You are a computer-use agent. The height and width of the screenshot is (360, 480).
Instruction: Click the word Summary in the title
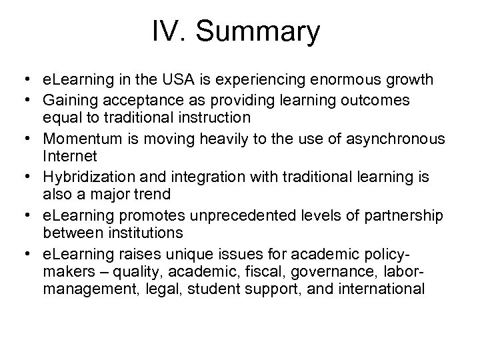[263, 32]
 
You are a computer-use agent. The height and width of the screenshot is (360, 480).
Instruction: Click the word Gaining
[69, 100]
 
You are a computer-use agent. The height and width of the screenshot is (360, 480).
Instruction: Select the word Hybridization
[85, 177]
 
